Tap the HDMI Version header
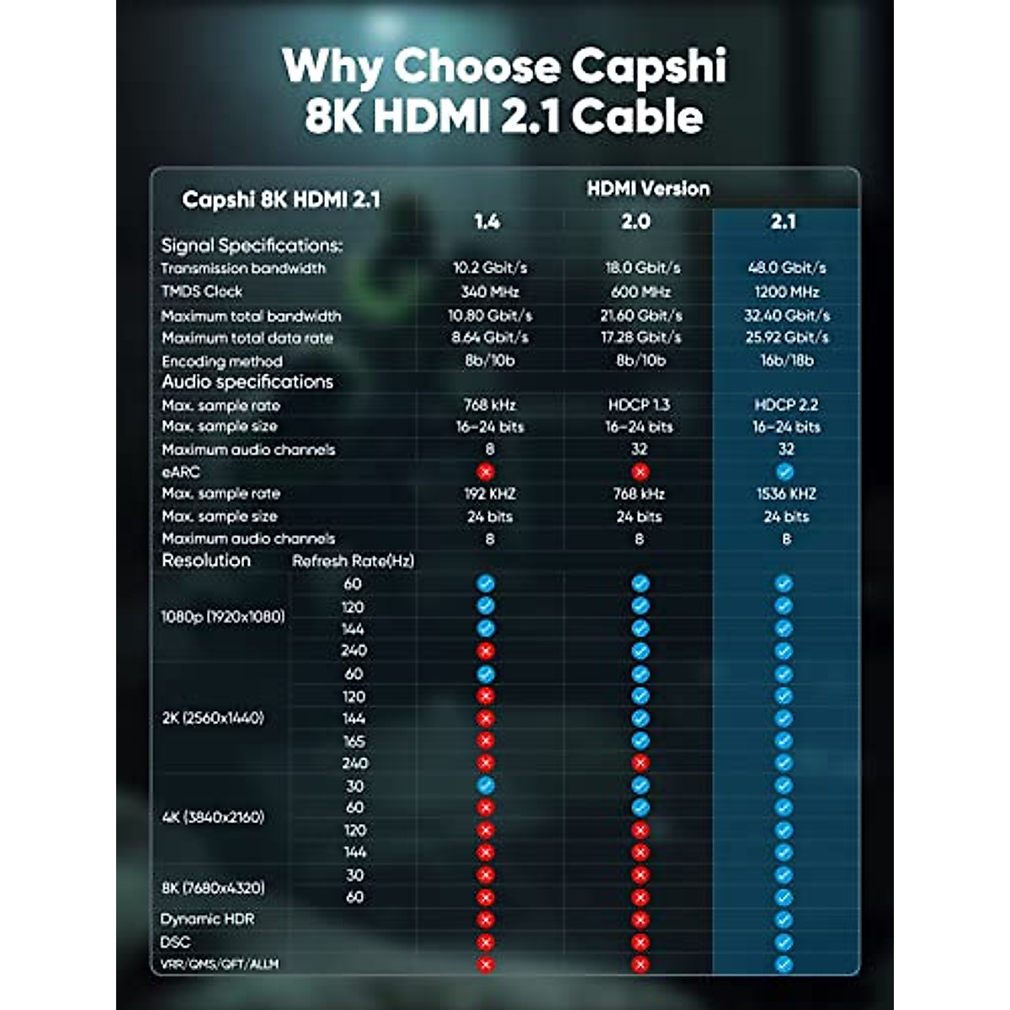tap(648, 189)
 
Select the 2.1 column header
tap(783, 221)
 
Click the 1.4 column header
tap(486, 221)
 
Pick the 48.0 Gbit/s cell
tap(787, 268)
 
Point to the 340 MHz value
tap(490, 292)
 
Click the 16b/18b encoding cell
tap(787, 360)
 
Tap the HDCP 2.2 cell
tap(786, 405)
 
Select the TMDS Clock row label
tap(202, 291)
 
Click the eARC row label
tap(180, 471)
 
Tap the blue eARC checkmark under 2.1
tap(785, 472)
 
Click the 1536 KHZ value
tap(786, 494)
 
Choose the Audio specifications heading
tap(247, 382)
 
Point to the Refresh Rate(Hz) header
tap(353, 561)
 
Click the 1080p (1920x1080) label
tap(223, 616)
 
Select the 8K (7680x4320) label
tap(213, 887)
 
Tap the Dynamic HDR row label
tap(207, 919)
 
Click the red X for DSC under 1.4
tap(485, 943)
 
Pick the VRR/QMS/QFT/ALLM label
tap(219, 965)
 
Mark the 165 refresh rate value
tap(354, 742)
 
